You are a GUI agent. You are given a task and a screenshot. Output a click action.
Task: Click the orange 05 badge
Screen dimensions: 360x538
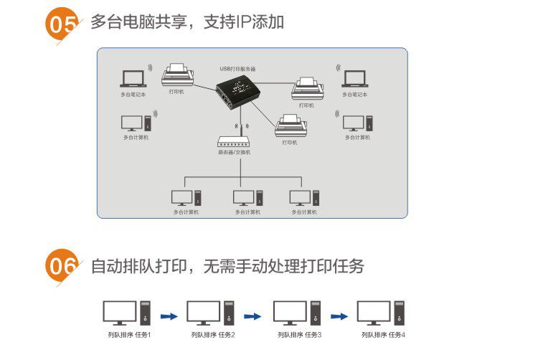click(x=62, y=24)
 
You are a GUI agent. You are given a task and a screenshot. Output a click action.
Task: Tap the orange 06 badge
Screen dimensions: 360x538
click(x=62, y=267)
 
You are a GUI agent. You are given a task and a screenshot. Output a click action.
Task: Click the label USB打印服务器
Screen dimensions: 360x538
click(x=237, y=69)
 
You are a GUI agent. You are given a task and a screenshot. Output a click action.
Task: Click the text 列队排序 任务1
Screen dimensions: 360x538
click(x=129, y=335)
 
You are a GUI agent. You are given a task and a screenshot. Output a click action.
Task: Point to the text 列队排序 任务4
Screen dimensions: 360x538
click(x=383, y=335)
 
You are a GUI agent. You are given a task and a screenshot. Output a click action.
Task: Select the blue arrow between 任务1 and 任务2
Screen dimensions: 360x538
click(x=169, y=315)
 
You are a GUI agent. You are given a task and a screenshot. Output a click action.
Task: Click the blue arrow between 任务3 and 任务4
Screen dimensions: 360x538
click(x=339, y=315)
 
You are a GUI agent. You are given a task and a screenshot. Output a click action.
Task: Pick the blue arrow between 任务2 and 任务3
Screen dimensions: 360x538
click(x=253, y=315)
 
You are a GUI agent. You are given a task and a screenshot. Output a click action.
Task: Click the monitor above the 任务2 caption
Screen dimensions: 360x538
click(x=203, y=313)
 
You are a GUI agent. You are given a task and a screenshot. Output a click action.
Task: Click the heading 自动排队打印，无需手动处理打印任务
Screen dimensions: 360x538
click(x=227, y=267)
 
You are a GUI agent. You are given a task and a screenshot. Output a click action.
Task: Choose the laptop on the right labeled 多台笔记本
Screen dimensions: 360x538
click(x=354, y=79)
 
